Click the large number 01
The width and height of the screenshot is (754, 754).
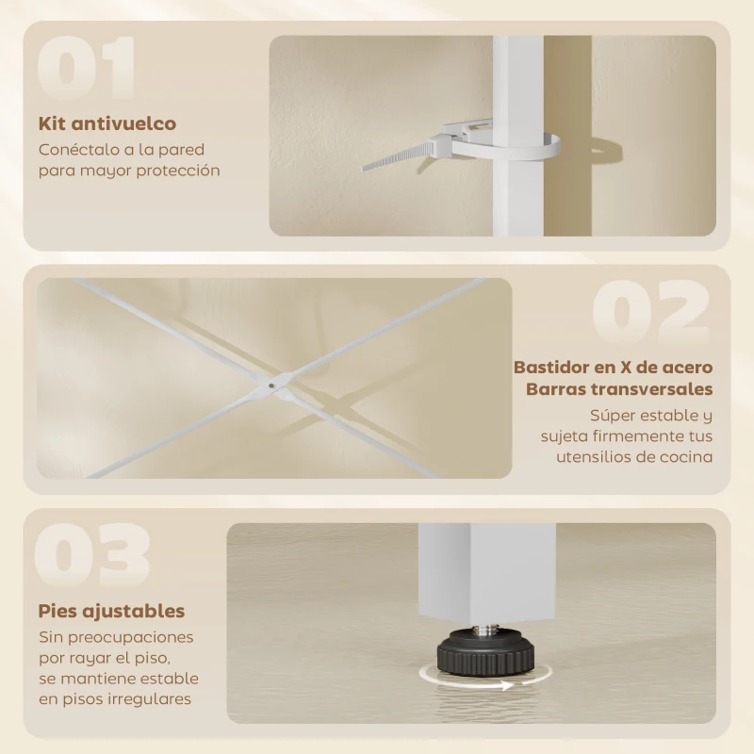pyautogui.click(x=87, y=69)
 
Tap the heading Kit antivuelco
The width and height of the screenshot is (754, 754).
pyautogui.click(x=107, y=123)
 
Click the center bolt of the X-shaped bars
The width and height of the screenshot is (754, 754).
pyautogui.click(x=272, y=384)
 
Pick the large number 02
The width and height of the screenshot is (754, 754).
pyautogui.click(x=651, y=311)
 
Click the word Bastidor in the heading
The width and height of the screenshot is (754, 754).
pyautogui.click(x=552, y=367)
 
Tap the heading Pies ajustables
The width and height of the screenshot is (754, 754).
pyautogui.click(x=111, y=612)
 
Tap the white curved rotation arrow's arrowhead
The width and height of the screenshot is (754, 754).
pyautogui.click(x=508, y=685)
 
